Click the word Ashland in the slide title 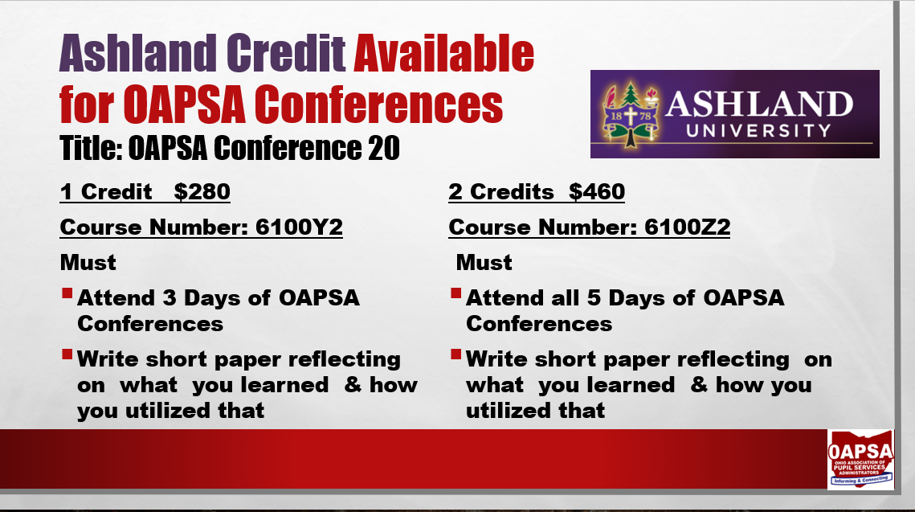[x=138, y=53]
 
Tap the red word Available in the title [x=444, y=53]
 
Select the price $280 [x=202, y=191]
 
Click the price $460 [x=597, y=191]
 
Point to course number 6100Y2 [x=299, y=227]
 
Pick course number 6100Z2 [x=688, y=227]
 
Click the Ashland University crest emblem [x=631, y=114]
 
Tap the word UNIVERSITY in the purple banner [x=758, y=130]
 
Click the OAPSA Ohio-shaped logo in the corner [x=860, y=459]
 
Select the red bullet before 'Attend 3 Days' [x=67, y=293]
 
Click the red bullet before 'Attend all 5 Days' [x=455, y=293]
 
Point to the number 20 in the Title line [x=384, y=148]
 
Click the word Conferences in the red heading [x=378, y=104]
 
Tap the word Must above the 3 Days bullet [x=88, y=263]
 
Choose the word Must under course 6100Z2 [x=484, y=263]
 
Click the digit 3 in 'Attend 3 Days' [x=170, y=297]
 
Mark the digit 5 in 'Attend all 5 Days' [x=594, y=297]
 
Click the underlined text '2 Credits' [x=501, y=191]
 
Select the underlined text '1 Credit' [x=105, y=191]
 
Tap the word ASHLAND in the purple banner [x=759, y=104]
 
